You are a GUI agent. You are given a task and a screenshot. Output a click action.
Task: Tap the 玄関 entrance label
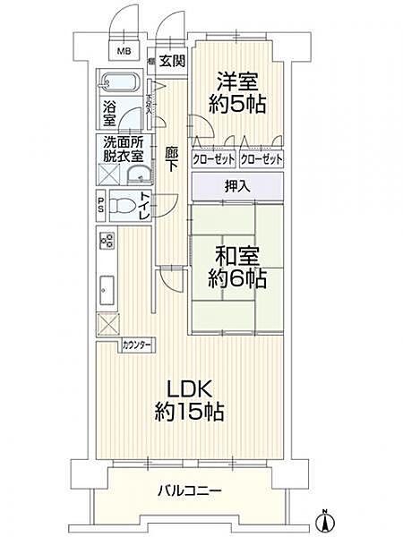coord(173,62)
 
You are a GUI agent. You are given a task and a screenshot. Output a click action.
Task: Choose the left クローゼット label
coord(213,158)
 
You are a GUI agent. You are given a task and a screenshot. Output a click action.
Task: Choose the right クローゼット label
coord(261,158)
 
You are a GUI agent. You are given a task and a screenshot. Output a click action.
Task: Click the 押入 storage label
coord(236,186)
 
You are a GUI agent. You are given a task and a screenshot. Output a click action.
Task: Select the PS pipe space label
coord(101,206)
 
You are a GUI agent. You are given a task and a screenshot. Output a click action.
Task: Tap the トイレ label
coord(144,205)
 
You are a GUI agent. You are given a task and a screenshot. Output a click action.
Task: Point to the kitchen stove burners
coord(107,241)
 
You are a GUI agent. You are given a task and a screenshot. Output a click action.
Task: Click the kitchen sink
coord(107,288)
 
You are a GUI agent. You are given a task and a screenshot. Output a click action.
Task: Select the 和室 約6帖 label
coord(236,266)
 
